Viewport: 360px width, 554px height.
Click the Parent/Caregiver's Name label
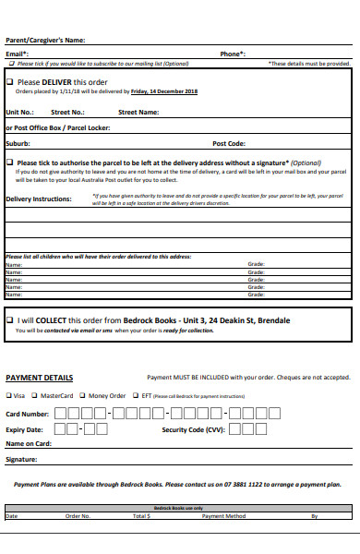click(45, 40)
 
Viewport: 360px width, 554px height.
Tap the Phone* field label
click(232, 54)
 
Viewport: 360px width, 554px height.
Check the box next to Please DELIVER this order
click(10, 82)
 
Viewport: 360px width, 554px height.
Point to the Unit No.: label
click(19, 112)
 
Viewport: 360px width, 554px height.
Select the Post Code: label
click(228, 143)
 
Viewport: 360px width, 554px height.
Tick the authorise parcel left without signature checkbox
click(10, 163)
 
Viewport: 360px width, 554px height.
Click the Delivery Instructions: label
click(39, 199)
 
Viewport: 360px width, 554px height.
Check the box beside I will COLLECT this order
click(10, 319)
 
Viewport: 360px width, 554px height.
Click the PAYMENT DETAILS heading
click(40, 378)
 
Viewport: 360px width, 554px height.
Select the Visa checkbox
click(9, 395)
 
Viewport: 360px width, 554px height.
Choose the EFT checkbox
click(135, 395)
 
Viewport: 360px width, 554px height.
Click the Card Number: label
click(28, 414)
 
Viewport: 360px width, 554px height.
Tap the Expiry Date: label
click(25, 429)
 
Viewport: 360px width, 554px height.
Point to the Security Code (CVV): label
click(193, 429)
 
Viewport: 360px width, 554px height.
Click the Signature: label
click(21, 459)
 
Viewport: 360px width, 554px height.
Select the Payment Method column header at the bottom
click(223, 516)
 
